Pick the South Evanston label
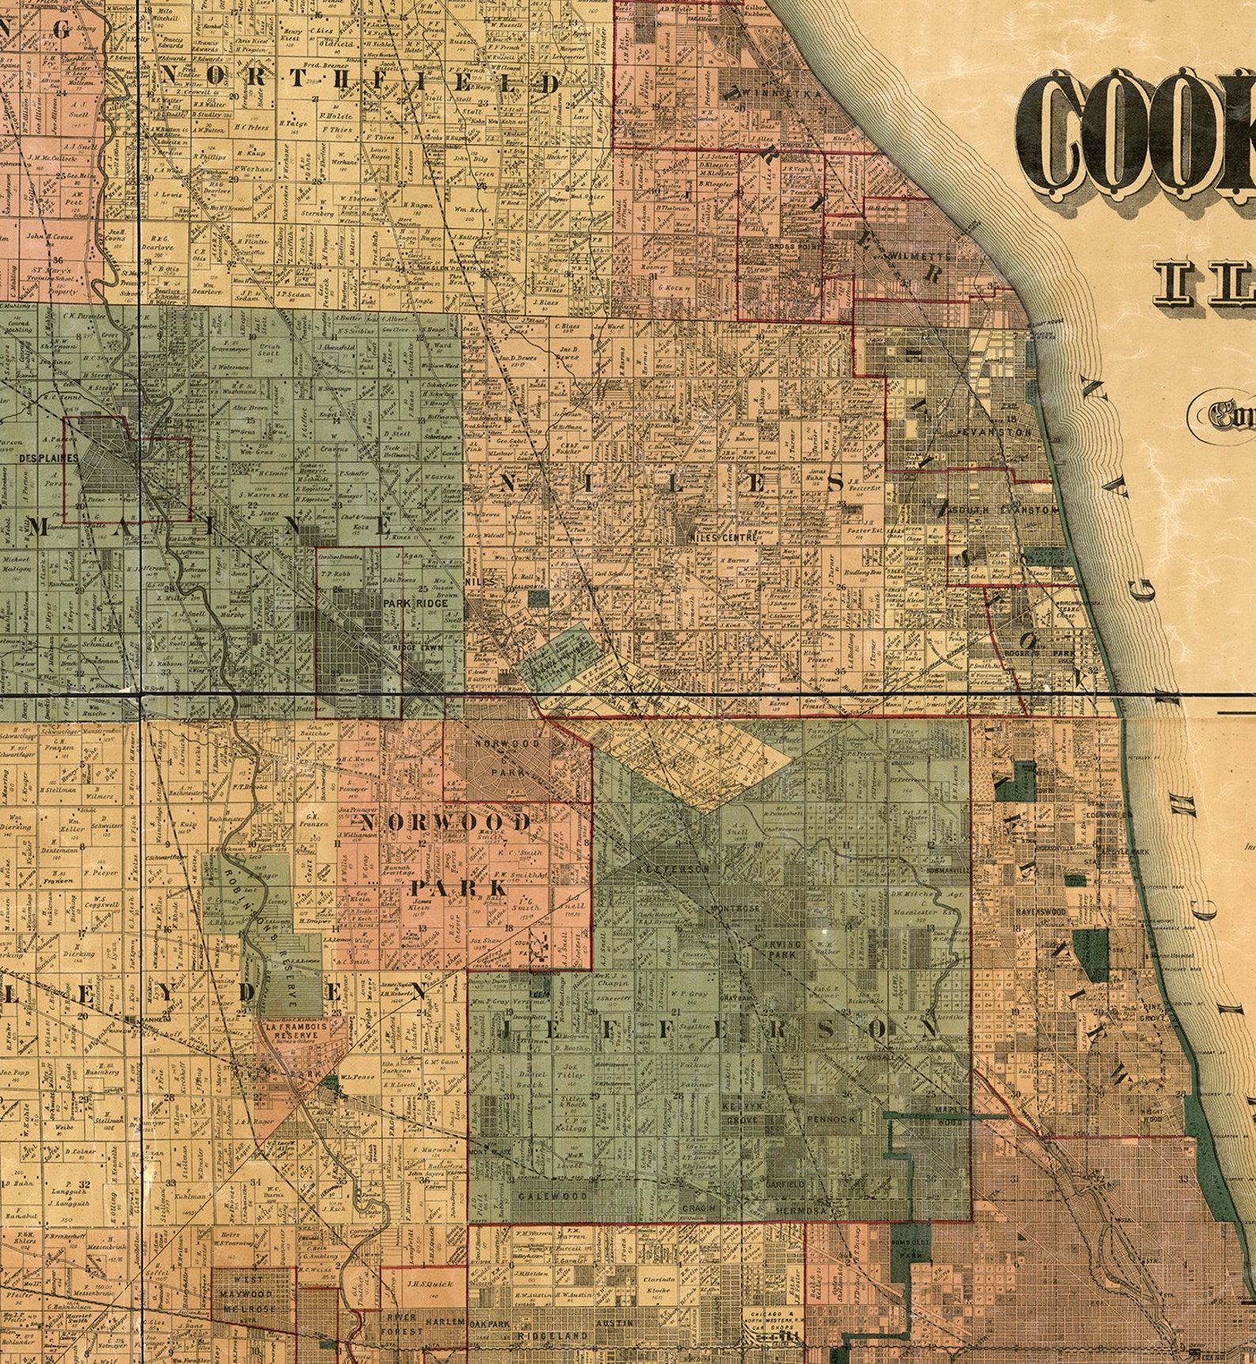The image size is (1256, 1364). [x=1005, y=510]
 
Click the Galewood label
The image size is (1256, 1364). [x=553, y=1196]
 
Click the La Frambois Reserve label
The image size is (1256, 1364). [x=292, y=1030]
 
